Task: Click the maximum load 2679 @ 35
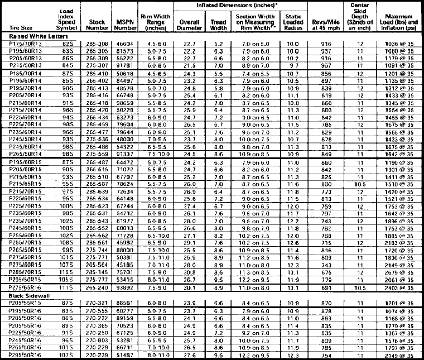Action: pos(398,272)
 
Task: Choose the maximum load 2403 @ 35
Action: pos(398,287)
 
